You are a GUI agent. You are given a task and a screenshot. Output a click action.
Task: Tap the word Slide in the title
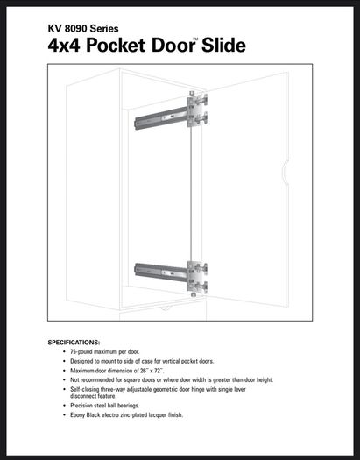point(223,45)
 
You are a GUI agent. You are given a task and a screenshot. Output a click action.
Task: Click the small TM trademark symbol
point(195,39)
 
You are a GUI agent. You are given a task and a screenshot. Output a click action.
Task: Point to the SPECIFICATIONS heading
point(74,343)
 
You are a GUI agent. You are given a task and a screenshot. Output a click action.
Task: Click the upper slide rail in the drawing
point(161,118)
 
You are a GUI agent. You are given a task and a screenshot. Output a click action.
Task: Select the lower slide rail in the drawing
point(161,272)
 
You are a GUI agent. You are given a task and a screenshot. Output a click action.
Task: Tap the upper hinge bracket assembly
point(197,110)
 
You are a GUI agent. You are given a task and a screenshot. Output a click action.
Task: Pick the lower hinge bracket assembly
point(197,279)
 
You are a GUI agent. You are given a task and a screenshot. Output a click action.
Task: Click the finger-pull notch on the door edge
point(285,173)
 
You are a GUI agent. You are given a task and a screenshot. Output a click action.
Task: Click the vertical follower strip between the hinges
point(191,195)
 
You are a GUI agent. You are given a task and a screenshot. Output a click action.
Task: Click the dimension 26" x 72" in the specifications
point(152,371)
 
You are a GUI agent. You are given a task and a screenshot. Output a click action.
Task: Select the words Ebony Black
point(85,415)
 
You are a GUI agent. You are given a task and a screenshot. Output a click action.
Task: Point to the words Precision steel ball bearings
point(104,406)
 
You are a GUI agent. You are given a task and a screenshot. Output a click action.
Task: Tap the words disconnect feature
point(93,396)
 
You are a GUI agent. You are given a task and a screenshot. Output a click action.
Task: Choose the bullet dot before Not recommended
point(65,380)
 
